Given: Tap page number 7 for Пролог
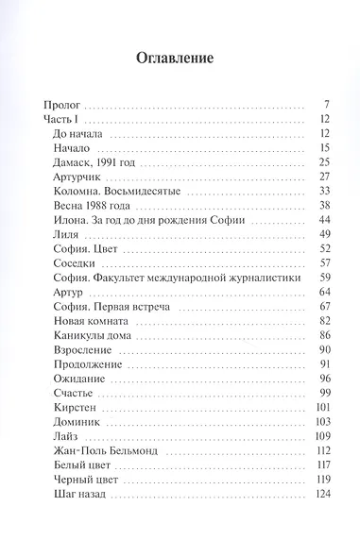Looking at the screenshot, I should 323,104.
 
